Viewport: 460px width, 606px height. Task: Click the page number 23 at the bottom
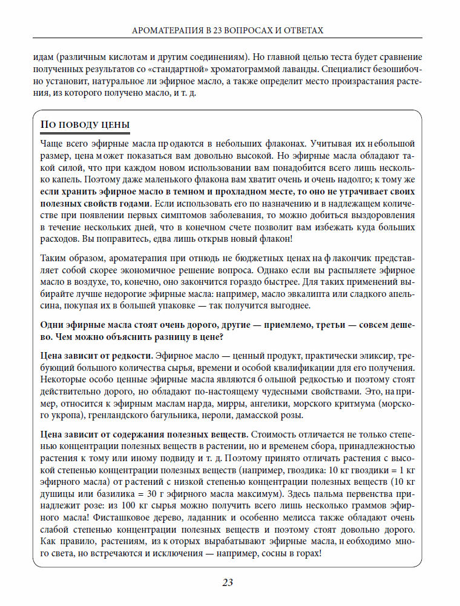pyautogui.click(x=228, y=583)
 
